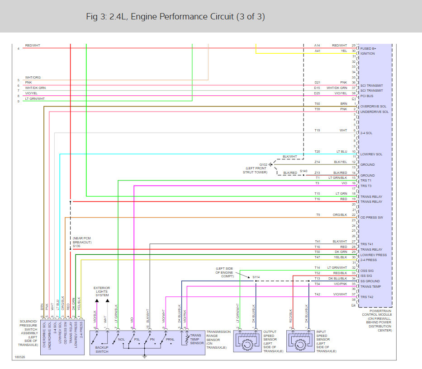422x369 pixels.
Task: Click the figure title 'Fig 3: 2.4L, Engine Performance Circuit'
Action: pos(175,17)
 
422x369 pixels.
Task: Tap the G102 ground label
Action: pos(263,164)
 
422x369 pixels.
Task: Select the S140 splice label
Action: pos(303,171)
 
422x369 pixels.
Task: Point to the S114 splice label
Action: pos(256,276)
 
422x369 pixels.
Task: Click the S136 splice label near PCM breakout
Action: pos(76,246)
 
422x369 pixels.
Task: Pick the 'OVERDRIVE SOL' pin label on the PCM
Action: pos(374,107)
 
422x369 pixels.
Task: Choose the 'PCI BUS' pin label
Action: pos(368,96)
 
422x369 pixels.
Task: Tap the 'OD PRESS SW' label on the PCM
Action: pos(372,218)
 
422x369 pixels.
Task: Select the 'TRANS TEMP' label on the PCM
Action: pos(370,287)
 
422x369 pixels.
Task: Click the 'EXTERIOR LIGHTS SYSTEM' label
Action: pos(102,291)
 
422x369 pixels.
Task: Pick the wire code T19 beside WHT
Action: pos(318,130)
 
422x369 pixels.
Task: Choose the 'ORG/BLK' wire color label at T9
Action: pos(340,215)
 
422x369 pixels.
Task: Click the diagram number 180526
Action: pos(19,356)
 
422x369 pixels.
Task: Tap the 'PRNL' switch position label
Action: pos(170,340)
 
